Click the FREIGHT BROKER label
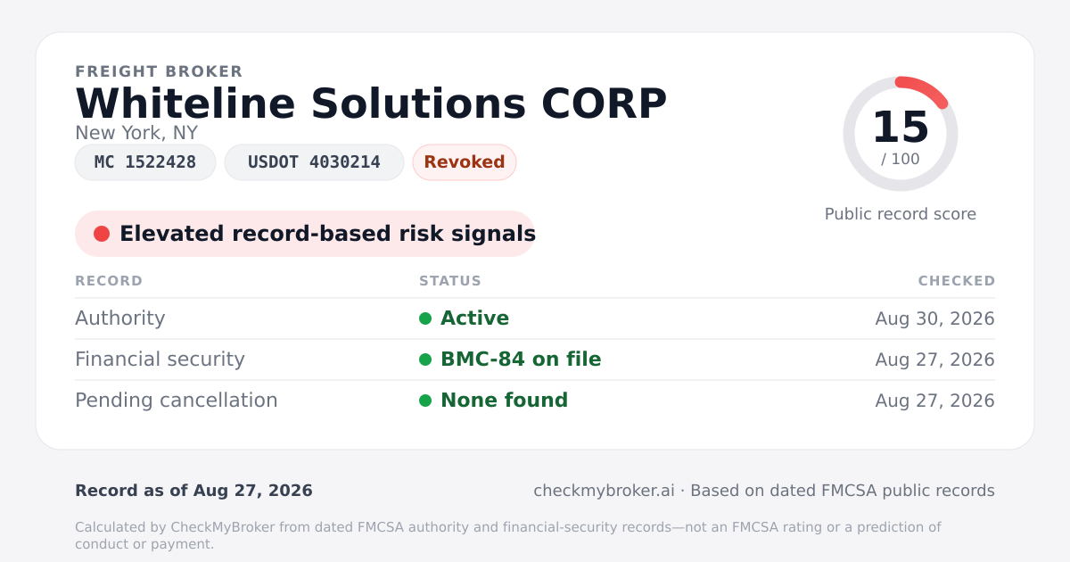[159, 71]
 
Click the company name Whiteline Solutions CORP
[371, 103]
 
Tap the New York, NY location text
[136, 133]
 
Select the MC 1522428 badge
[145, 162]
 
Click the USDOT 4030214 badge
[314, 162]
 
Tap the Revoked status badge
[465, 162]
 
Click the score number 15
[901, 127]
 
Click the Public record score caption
[901, 214]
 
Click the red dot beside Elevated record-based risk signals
[102, 234]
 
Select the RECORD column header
[109, 280]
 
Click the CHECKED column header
[957, 280]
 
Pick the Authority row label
[119, 318]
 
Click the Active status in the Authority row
[474, 318]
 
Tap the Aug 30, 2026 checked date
[934, 318]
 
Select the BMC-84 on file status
[521, 360]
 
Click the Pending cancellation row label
[177, 401]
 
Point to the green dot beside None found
[425, 401]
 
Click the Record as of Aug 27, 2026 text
[194, 491]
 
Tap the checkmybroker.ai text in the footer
[605, 491]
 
